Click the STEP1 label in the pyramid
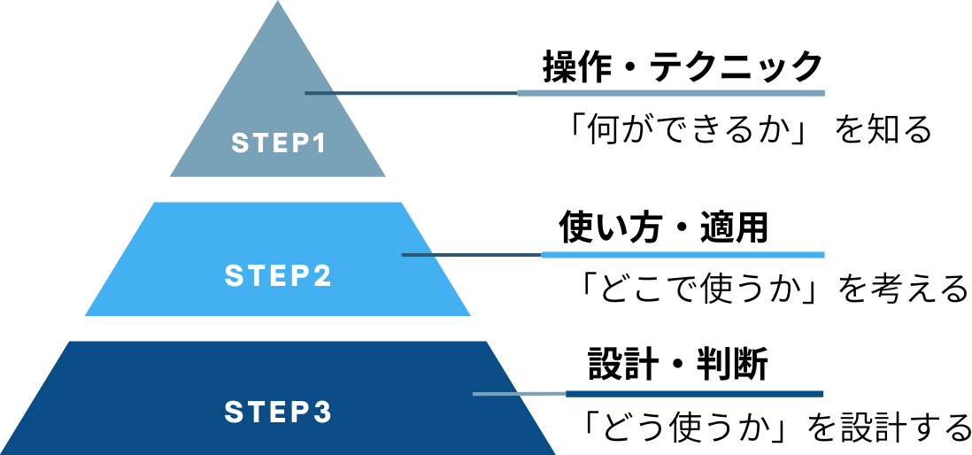[x=278, y=143]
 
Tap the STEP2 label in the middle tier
[x=278, y=276]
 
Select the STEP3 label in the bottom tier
[x=278, y=413]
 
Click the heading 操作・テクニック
[x=683, y=67]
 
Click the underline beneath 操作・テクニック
[x=670, y=93]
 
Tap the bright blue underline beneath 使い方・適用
[x=682, y=255]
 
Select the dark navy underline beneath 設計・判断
[x=694, y=394]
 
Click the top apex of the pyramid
[x=278, y=5]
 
